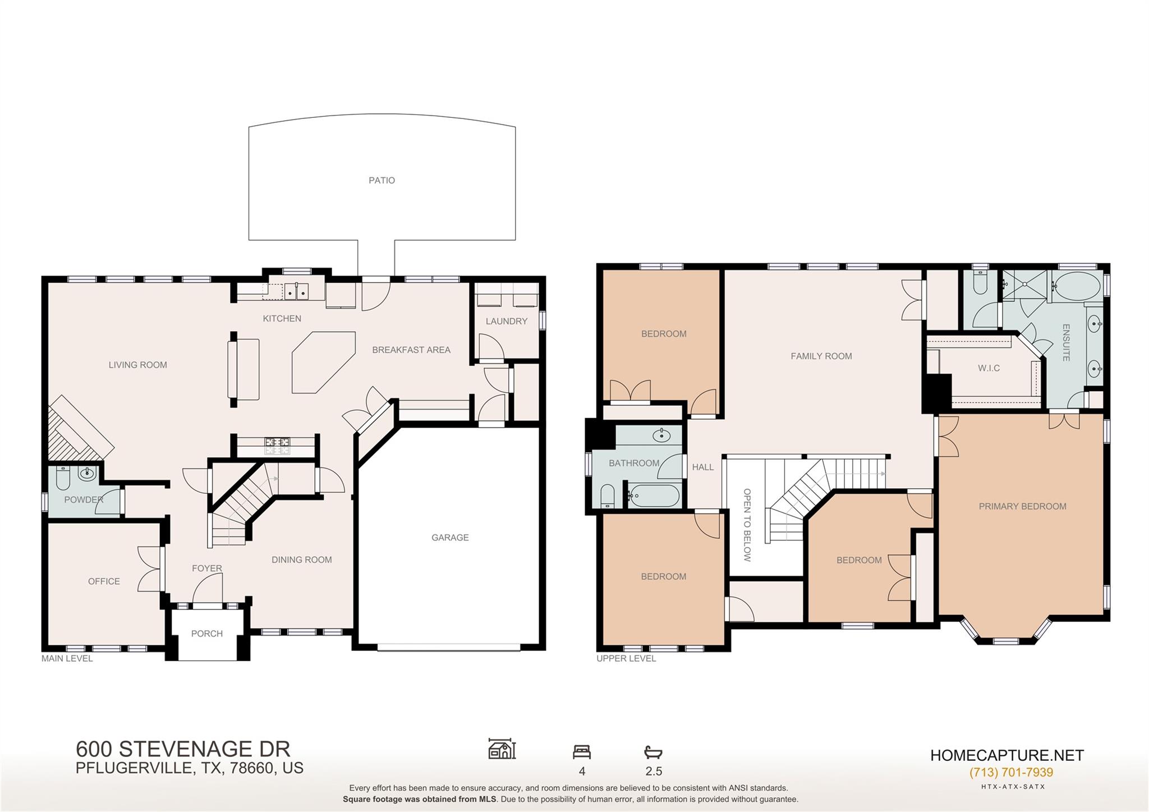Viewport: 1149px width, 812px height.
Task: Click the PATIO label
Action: click(382, 180)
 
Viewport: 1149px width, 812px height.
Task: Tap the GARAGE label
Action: click(450, 538)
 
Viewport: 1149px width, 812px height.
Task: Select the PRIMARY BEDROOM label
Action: click(1022, 506)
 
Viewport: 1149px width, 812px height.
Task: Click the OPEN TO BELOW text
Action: click(747, 525)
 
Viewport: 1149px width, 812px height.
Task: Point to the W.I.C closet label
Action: click(989, 368)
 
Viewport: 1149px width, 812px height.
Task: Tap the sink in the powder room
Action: click(87, 474)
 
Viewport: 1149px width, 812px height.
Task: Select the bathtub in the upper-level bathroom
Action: click(654, 496)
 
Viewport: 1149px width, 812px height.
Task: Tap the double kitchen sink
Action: click(296, 292)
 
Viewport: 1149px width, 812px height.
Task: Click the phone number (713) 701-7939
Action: click(1011, 772)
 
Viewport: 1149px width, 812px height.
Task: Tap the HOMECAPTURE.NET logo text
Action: click(1006, 755)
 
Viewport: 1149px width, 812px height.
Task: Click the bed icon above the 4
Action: click(582, 752)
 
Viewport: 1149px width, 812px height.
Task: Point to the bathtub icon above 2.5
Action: click(653, 752)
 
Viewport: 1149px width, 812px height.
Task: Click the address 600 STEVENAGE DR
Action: click(183, 749)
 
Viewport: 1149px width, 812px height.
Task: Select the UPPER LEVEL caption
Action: click(626, 658)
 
